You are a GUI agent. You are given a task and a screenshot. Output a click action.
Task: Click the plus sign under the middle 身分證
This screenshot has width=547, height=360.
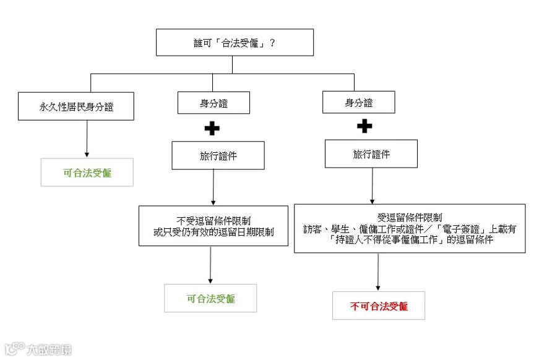pos(212,129)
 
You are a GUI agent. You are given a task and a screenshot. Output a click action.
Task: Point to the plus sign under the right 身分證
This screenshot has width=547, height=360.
pos(364,126)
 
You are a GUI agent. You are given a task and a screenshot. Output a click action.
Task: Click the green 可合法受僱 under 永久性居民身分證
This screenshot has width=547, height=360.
pos(87,173)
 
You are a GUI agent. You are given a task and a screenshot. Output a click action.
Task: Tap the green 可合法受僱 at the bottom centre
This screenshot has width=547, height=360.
pos(211,299)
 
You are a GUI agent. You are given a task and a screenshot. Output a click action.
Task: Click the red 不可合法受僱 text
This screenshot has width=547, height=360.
pos(379,306)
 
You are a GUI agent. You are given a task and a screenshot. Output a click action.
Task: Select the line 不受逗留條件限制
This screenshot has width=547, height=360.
pos(213,221)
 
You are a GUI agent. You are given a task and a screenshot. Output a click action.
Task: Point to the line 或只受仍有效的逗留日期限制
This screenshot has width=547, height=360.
pos(213,232)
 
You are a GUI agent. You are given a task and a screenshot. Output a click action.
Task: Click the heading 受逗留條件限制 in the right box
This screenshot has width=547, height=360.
pos(410,218)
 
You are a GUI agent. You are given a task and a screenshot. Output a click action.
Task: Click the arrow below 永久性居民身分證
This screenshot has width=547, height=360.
pos(87,139)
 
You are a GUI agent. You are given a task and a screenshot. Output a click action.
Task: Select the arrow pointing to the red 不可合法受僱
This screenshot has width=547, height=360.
pos(378,272)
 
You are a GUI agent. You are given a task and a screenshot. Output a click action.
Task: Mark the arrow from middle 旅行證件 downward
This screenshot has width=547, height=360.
pos(213,187)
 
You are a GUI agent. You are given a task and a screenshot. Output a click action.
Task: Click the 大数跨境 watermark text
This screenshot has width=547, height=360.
pos(49,349)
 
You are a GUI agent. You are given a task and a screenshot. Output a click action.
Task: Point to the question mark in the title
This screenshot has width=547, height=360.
pos(272,43)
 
